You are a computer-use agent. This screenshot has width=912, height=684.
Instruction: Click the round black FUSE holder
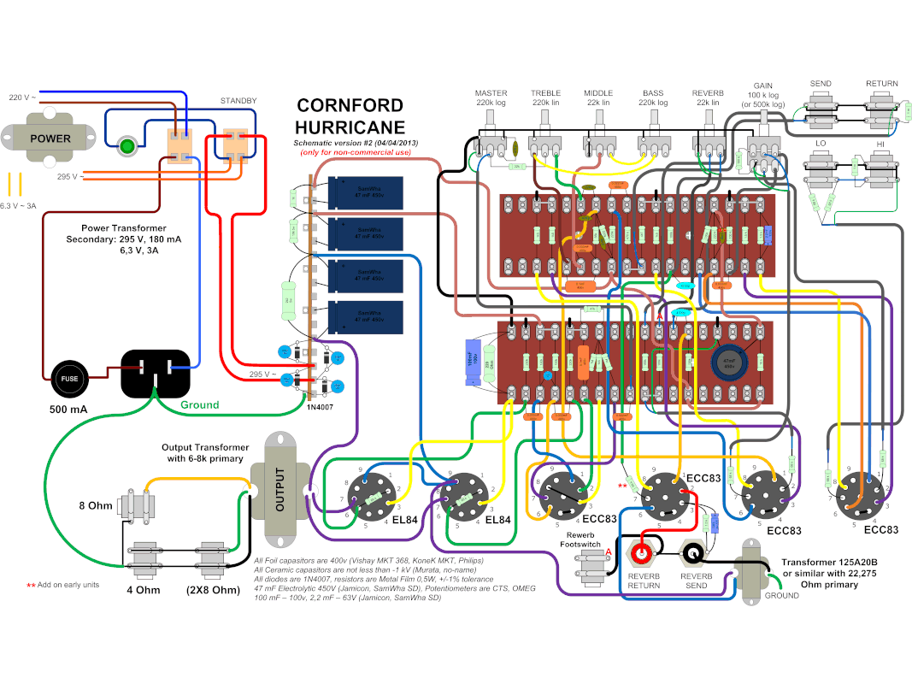click(x=68, y=376)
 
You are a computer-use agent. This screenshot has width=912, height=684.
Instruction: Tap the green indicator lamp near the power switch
click(x=128, y=145)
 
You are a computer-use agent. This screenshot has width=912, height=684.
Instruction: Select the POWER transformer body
click(x=50, y=139)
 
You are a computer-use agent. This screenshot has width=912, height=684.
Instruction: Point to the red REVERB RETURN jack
click(x=644, y=555)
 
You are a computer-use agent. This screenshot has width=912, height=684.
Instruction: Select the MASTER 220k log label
click(x=491, y=97)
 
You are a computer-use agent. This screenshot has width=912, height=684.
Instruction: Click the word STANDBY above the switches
click(x=238, y=101)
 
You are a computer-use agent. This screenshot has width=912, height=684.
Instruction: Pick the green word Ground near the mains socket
click(x=200, y=404)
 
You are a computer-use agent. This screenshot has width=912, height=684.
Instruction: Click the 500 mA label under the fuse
click(x=68, y=410)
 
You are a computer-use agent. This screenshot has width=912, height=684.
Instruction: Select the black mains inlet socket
click(x=155, y=374)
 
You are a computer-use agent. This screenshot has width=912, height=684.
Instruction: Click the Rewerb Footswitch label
click(x=582, y=537)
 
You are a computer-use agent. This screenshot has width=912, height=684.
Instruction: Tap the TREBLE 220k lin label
click(x=545, y=97)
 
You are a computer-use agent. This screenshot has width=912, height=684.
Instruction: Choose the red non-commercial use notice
click(x=355, y=152)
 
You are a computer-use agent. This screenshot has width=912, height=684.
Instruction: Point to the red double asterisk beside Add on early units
click(x=31, y=585)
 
